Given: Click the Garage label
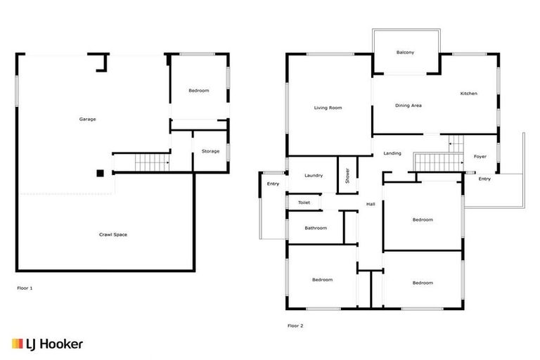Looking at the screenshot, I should (x=87, y=119).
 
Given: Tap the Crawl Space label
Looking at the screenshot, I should (x=113, y=234).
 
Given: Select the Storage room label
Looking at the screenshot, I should (x=210, y=151).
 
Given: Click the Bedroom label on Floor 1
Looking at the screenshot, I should (x=198, y=91).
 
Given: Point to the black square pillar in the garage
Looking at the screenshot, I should (x=100, y=173).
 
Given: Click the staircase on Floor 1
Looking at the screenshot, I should (x=151, y=163).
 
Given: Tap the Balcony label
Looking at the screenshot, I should (x=405, y=53).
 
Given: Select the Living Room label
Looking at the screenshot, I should (x=328, y=108).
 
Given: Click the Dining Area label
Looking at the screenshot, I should (x=408, y=105).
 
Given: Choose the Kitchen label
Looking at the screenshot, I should (x=469, y=94).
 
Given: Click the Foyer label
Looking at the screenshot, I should (x=480, y=156).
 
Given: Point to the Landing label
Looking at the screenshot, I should (x=392, y=153).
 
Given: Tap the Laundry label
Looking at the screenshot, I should (x=314, y=175).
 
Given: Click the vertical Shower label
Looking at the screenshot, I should (x=347, y=176).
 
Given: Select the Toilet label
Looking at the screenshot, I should (x=304, y=202).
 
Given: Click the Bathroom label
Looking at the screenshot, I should (x=316, y=228).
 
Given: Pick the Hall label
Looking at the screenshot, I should (x=370, y=204).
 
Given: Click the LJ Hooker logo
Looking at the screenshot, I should (x=47, y=344).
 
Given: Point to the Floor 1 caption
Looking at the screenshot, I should (x=25, y=288).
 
